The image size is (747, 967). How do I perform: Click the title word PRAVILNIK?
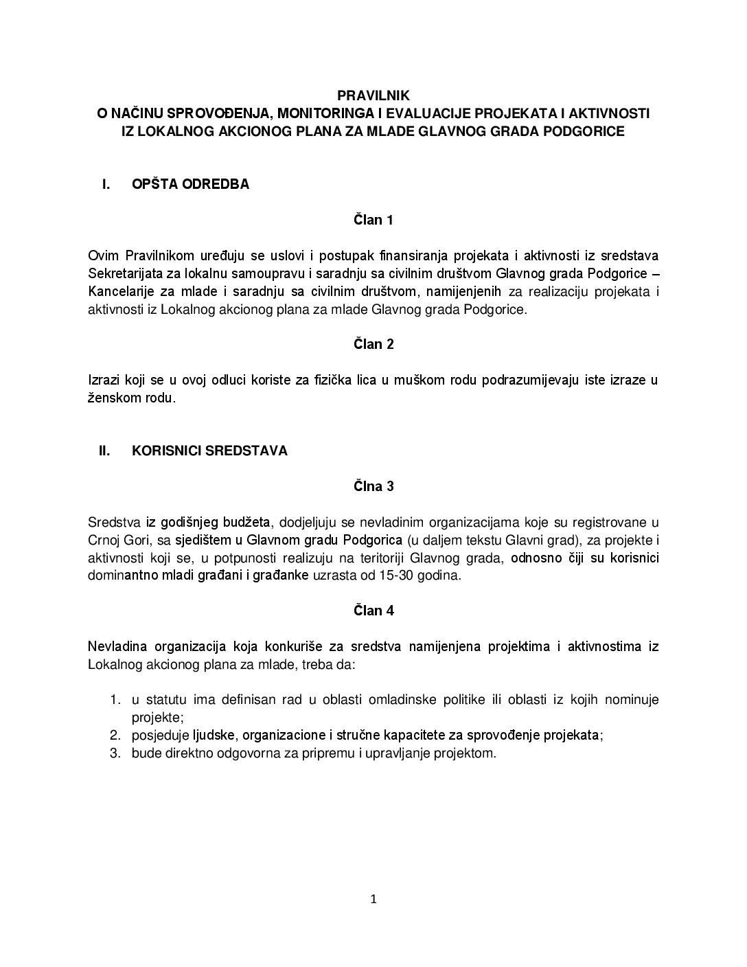point(373,95)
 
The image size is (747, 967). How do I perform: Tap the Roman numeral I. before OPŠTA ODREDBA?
point(106,184)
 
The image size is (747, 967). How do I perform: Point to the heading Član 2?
point(373,344)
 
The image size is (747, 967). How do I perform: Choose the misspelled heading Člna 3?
point(373,486)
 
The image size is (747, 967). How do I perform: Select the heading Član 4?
point(373,610)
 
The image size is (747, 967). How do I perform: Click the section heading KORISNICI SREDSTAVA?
point(209,451)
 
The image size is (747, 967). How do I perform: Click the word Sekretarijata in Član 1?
point(122,273)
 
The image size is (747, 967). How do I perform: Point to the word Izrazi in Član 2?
point(104,380)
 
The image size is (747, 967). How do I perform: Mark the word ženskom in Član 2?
point(111,398)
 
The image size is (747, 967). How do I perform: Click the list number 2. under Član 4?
point(116,735)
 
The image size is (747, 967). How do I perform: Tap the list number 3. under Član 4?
point(116,753)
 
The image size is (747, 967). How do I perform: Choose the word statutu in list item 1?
point(161,699)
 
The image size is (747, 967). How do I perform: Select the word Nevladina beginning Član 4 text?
point(116,646)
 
